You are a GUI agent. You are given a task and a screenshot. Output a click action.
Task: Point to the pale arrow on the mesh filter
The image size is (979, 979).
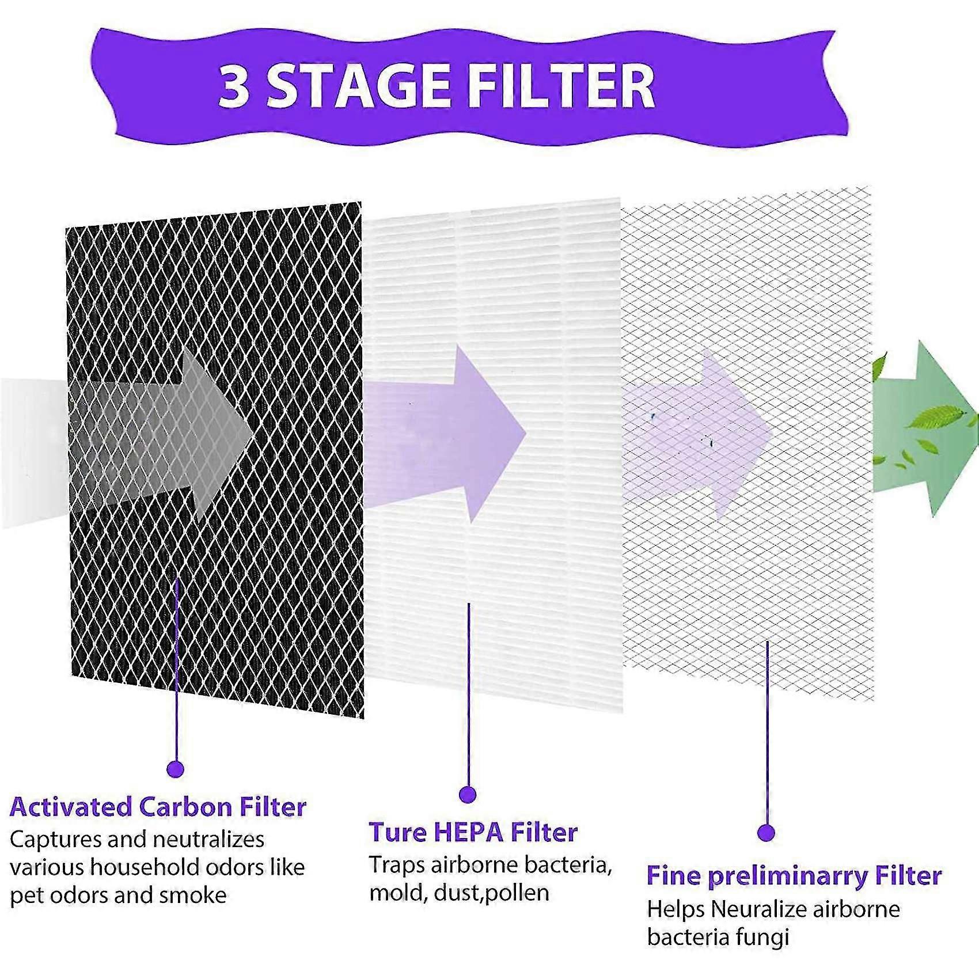coord(708,432)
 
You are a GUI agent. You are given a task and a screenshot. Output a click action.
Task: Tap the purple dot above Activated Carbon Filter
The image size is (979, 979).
coord(175,768)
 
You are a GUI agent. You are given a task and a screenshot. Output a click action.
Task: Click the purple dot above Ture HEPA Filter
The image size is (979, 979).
coord(468,795)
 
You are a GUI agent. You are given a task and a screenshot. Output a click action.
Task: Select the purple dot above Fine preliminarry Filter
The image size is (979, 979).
coord(766,832)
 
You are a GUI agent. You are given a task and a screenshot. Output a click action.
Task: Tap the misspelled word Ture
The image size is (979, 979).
coord(395,832)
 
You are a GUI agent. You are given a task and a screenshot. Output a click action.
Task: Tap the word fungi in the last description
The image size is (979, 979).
coord(761,938)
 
